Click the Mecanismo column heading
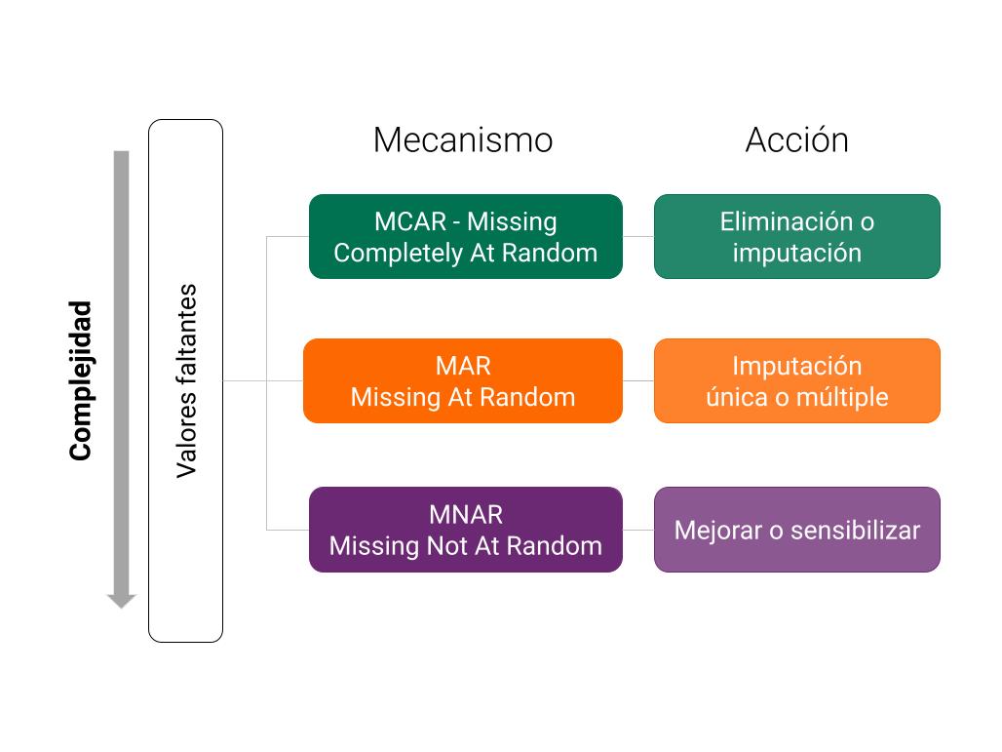463,140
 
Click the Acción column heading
797,139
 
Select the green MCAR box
465,237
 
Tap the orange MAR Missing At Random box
463,381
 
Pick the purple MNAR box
465,530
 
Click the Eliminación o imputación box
797,237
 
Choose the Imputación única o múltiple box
797,381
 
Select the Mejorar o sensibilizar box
797,530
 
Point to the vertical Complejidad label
81,380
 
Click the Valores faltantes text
186,380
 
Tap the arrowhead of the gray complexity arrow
122,601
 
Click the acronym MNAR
466,515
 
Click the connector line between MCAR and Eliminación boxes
638,237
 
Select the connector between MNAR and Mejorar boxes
638,531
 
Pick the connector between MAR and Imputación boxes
638,381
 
